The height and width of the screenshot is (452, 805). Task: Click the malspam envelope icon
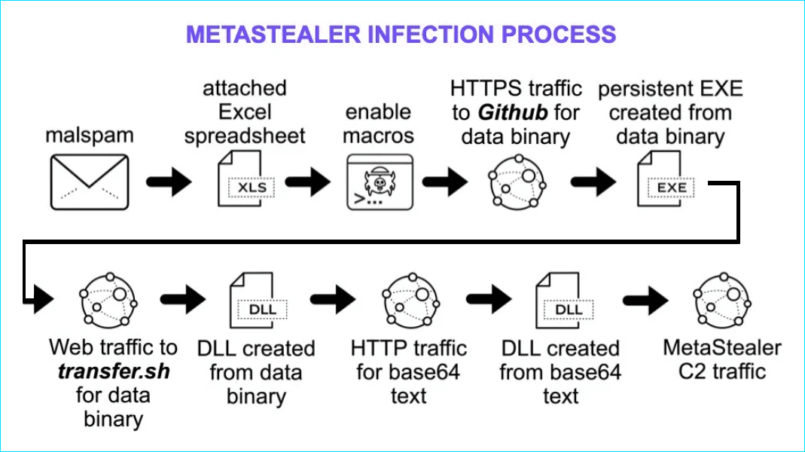(x=89, y=182)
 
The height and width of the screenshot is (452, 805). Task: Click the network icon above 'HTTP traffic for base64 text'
(x=410, y=301)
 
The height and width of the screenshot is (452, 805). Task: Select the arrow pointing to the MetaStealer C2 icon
(x=646, y=301)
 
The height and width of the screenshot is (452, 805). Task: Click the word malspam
(x=89, y=136)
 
